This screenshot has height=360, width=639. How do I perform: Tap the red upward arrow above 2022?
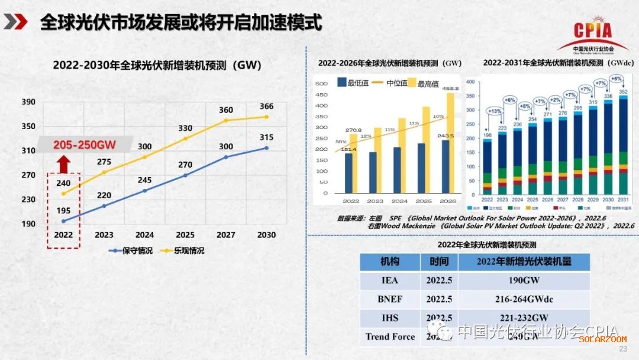64,164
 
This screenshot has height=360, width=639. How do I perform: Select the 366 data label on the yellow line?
266,107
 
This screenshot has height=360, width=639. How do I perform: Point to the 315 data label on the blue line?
266,138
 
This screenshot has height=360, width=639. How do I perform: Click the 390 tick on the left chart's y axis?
28,102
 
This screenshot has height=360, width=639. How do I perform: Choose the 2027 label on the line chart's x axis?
226,235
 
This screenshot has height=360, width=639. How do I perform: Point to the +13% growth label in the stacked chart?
494,111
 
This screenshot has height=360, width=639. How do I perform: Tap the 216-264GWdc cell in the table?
524,300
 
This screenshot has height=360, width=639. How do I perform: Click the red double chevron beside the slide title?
15,22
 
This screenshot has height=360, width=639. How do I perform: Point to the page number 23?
622,349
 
